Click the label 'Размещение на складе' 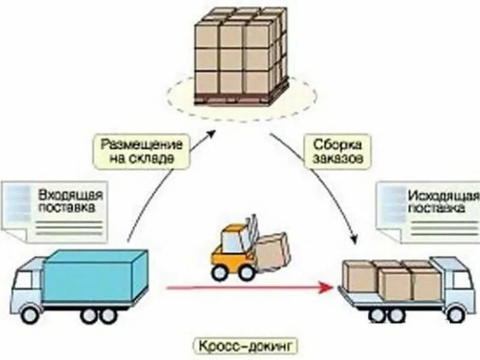tap(141, 152)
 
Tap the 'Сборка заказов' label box tap(337, 152)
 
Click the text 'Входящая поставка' tap(71, 202)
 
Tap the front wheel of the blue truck tap(30, 313)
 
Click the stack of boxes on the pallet tap(241, 51)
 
